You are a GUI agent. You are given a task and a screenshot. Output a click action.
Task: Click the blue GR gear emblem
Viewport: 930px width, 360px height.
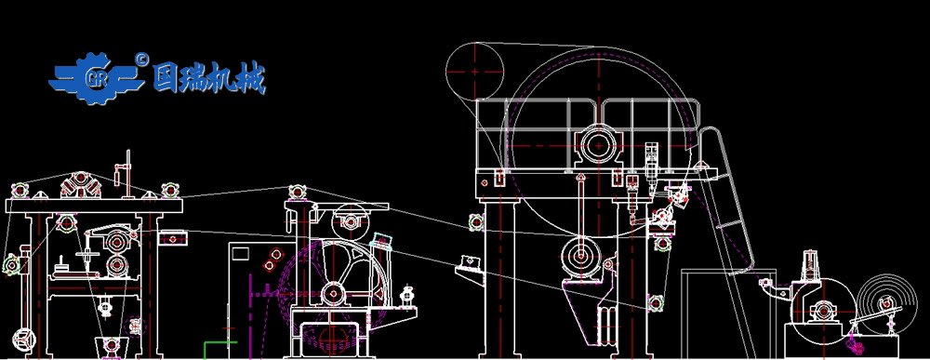click(96, 78)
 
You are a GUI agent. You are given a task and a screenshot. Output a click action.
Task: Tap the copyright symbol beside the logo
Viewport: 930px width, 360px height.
click(141, 58)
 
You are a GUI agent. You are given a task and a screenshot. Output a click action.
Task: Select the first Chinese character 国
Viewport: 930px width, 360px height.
click(166, 77)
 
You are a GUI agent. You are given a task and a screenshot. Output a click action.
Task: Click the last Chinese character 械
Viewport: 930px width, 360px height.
click(251, 78)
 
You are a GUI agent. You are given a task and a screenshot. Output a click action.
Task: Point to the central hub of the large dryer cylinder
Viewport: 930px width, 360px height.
click(598, 145)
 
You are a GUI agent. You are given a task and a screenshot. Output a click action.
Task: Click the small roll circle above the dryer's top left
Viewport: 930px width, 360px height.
click(474, 72)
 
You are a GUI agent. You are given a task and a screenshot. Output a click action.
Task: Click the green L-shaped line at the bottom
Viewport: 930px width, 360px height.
click(219, 349)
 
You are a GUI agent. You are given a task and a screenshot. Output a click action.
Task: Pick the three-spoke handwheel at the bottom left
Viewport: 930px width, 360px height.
click(24, 339)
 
